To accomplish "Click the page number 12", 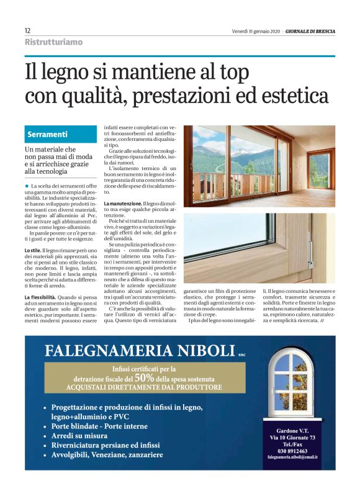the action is coord(27,30).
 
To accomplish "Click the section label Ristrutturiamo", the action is coord(53,42).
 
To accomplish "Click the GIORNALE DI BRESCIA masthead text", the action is coord(310,31).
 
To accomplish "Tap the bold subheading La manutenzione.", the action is coord(122,203).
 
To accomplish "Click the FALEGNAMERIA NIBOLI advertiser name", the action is coord(139,351).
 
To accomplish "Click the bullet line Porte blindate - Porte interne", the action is coord(99,426).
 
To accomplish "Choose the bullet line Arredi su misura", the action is coord(81,436).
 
